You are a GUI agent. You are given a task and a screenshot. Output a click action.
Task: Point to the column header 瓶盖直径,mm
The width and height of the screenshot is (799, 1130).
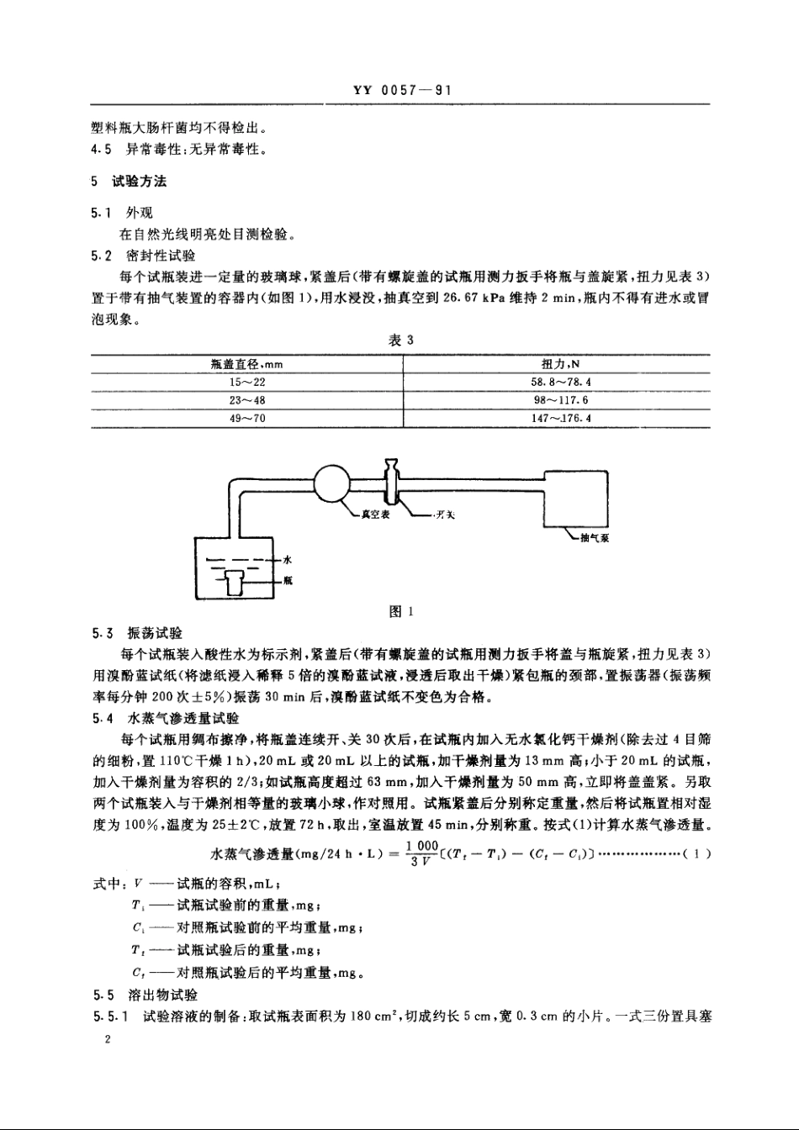[247, 365]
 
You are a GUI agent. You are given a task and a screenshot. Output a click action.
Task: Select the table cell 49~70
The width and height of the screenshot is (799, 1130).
[247, 418]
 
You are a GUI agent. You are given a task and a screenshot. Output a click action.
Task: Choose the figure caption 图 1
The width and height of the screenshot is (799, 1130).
[400, 612]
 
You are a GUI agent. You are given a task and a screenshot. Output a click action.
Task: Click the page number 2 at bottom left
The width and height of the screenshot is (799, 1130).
[108, 1041]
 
